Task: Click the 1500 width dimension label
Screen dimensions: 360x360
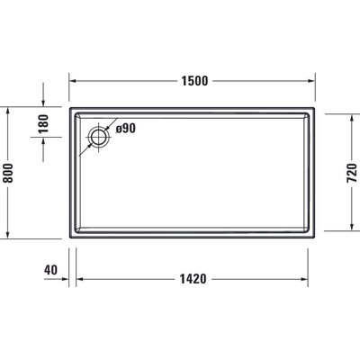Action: point(193,80)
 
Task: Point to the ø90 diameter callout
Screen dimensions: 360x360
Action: point(125,130)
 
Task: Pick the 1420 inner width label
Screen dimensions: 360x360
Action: point(193,278)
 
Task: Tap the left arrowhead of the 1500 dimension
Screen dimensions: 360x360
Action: point(73,80)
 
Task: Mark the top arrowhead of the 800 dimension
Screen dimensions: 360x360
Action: point(11,109)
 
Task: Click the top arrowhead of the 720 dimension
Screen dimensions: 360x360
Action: point(350,115)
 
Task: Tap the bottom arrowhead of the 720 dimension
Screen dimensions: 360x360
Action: point(350,230)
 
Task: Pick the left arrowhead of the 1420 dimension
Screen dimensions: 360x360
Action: point(79,278)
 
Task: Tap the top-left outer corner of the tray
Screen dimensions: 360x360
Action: point(69,107)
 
